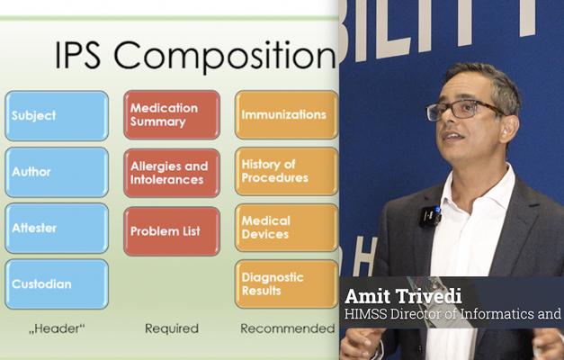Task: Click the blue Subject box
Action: tap(56, 116)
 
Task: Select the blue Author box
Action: tap(56, 172)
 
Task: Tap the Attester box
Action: tap(56, 229)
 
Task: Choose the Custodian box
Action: tap(56, 284)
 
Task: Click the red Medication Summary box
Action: tap(171, 115)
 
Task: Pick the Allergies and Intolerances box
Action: tap(171, 172)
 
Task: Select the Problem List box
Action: tap(171, 231)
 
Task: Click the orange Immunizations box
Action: tap(286, 115)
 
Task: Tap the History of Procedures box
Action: tap(286, 171)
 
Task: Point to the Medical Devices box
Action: tap(286, 228)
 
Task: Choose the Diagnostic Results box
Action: tap(286, 284)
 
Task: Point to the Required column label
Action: tap(171, 328)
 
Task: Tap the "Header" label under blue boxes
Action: tap(56, 328)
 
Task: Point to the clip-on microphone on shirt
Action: tap(429, 217)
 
